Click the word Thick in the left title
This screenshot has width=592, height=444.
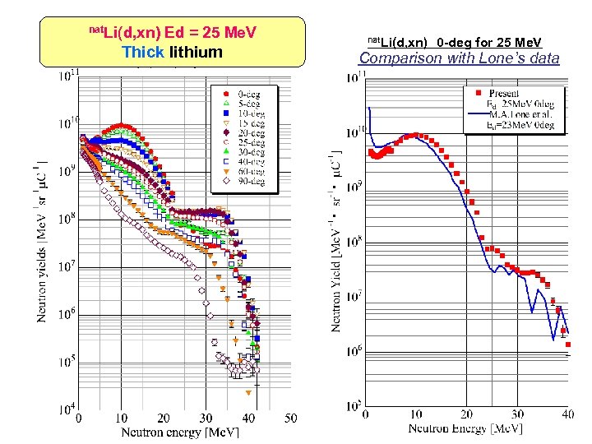(143, 53)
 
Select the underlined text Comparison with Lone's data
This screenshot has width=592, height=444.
(459, 58)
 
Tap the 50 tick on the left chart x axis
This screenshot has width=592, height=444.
(291, 419)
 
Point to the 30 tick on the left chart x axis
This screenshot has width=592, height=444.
(206, 419)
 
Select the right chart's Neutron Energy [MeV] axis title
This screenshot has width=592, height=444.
(465, 428)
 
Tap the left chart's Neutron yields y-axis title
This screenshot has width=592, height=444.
(44, 243)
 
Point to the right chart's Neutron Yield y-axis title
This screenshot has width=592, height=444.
(335, 243)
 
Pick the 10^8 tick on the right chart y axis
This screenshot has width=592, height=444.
(353, 242)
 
